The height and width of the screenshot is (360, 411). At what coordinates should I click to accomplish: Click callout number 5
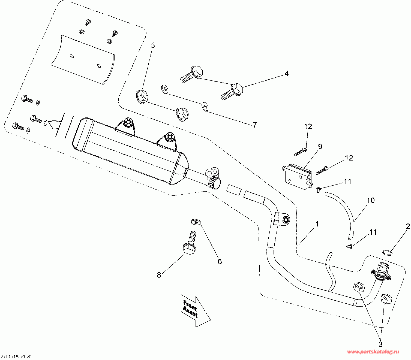tap(152, 46)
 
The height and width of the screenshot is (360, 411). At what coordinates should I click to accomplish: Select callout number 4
tap(286, 74)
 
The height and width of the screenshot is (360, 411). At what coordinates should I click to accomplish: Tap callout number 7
tap(254, 125)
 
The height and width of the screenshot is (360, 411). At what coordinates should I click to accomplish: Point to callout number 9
tap(320, 147)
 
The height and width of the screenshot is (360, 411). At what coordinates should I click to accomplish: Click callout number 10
tap(371, 201)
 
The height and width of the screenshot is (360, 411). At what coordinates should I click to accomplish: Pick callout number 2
tap(408, 226)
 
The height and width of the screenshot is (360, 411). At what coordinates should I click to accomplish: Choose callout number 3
tap(380, 344)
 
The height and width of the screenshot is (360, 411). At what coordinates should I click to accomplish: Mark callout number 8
tap(159, 275)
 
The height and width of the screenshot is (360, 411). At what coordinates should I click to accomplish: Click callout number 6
tap(220, 262)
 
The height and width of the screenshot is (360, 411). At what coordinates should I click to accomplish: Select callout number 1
tap(317, 224)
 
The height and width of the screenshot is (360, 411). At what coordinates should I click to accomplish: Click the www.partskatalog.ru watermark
tap(373, 352)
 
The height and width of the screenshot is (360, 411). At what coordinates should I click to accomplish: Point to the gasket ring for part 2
tap(387, 252)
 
